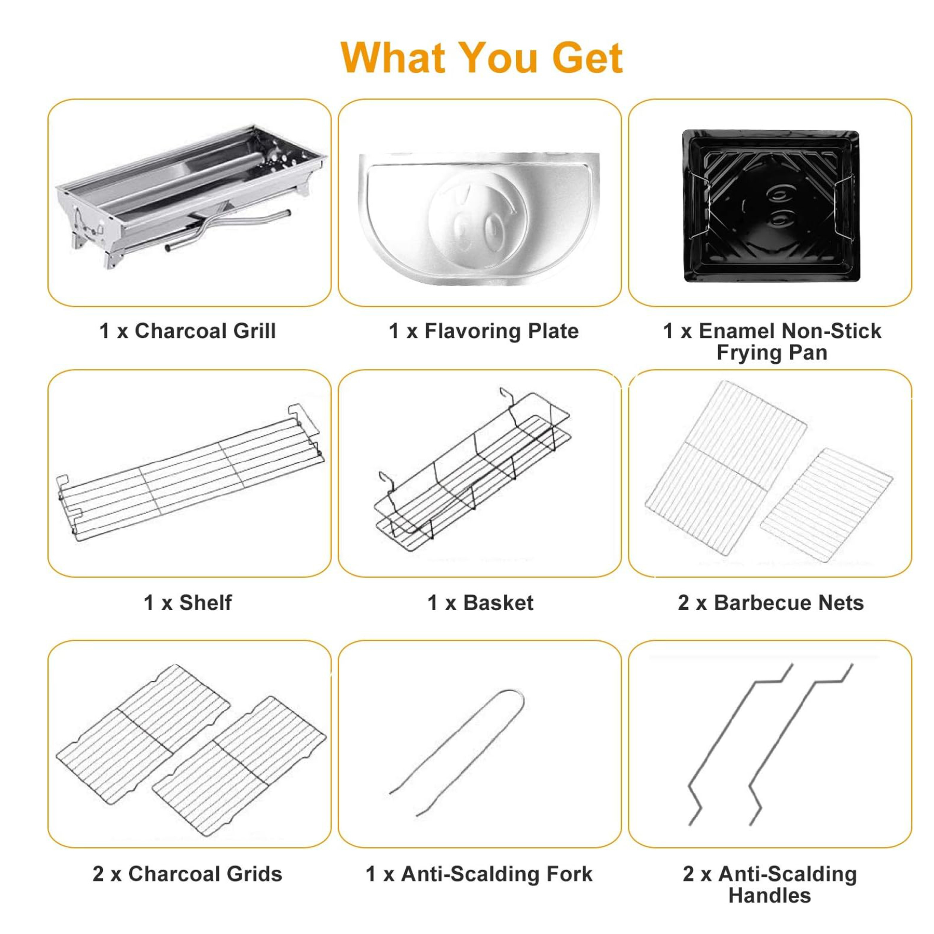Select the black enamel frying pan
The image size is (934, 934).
(x=771, y=205)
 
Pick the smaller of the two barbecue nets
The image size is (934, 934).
(x=827, y=505)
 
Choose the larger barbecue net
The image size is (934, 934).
(x=725, y=468)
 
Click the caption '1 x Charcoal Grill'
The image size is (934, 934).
(x=187, y=331)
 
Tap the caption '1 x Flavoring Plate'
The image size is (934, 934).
(x=484, y=331)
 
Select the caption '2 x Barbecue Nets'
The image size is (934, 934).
(x=771, y=602)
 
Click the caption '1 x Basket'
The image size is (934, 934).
(x=480, y=602)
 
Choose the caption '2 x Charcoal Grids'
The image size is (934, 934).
(x=187, y=874)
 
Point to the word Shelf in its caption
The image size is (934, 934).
(x=205, y=602)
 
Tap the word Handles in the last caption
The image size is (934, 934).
(x=770, y=896)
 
